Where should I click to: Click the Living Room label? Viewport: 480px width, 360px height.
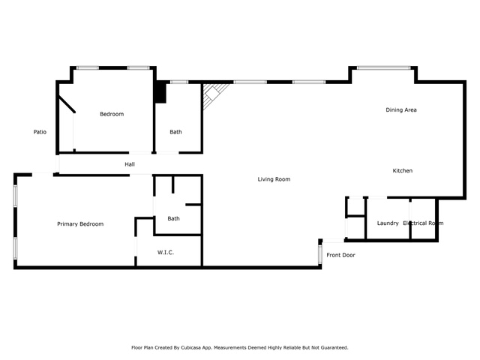(274, 179)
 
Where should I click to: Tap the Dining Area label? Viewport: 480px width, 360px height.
(401, 110)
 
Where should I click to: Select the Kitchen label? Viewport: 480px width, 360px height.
(403, 171)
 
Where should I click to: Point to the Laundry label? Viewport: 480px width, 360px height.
(388, 223)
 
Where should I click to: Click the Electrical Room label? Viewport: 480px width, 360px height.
(423, 223)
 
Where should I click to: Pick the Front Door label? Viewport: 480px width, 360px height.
(340, 255)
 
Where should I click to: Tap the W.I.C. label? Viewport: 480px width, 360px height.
(166, 253)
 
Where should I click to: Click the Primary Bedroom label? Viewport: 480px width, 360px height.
(80, 224)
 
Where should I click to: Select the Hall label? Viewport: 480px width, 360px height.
(130, 164)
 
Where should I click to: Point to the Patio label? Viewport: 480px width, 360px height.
(40, 132)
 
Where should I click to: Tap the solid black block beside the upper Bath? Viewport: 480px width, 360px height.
(160, 92)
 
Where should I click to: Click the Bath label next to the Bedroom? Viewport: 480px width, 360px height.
(175, 132)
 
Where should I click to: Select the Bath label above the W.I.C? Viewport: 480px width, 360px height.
(173, 218)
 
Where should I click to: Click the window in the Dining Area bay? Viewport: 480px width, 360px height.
(383, 68)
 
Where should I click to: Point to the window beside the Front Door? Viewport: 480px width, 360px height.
(320, 253)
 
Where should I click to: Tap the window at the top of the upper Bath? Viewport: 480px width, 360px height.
(179, 82)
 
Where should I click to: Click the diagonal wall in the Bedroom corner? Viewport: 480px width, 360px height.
(67, 103)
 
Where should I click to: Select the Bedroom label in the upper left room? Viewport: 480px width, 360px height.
(112, 114)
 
